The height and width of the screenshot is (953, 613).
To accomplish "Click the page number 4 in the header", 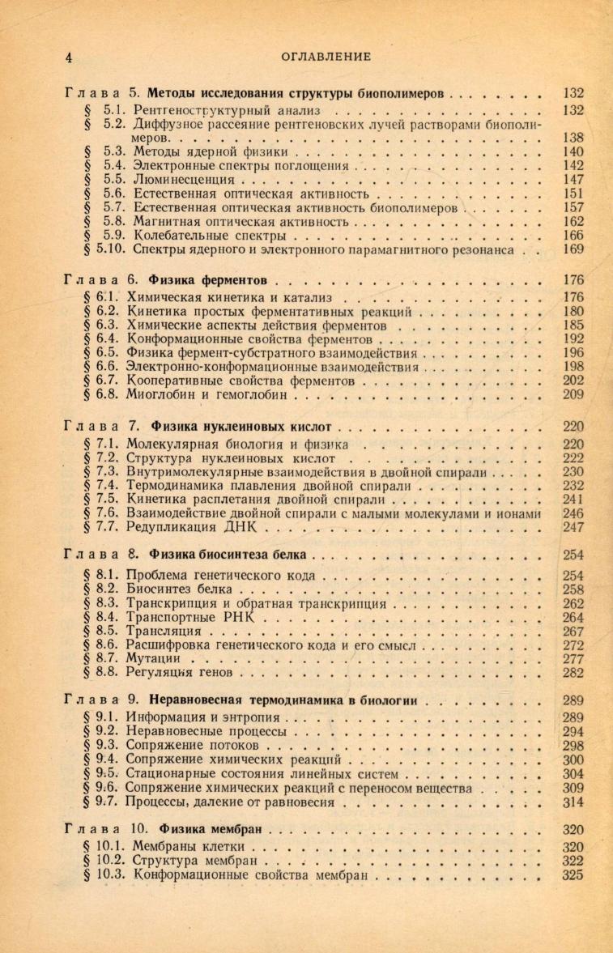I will pyautogui.click(x=70, y=57).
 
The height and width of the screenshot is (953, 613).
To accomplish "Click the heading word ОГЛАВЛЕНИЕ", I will pyautogui.click(x=325, y=57).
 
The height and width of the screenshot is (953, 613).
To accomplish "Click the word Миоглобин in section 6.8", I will pyautogui.click(x=160, y=396).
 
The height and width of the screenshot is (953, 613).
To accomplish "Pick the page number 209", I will pyautogui.click(x=573, y=396).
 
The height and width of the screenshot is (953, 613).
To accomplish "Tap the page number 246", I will pyautogui.click(x=573, y=513).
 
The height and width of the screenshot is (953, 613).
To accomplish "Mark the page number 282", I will pyautogui.click(x=573, y=672).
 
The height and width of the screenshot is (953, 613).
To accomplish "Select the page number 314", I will pyautogui.click(x=573, y=803).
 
